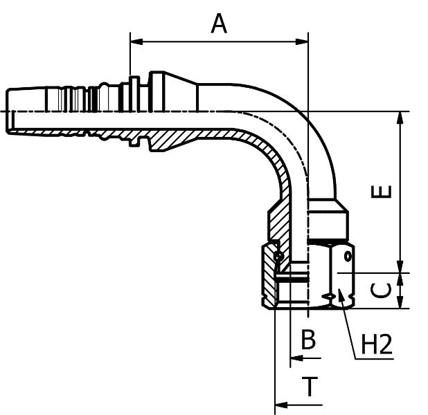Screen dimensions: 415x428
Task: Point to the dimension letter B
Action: tap(308, 340)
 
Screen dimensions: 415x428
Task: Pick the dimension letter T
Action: tap(310, 387)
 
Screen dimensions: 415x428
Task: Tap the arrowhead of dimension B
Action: tap(294, 358)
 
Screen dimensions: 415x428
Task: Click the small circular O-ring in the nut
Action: tap(278, 257)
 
